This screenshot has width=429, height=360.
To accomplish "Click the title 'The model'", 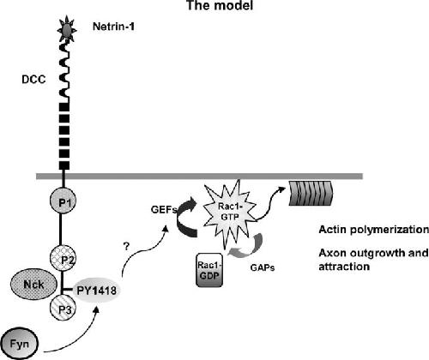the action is pos(220,5).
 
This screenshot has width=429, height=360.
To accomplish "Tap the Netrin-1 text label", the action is pos(113,27).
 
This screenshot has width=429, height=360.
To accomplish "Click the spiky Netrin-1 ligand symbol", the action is pos(67,29).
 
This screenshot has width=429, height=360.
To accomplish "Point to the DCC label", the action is pos(33,80).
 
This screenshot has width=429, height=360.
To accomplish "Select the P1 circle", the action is pos(63,202).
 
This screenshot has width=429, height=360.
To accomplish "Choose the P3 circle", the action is pos(63,309).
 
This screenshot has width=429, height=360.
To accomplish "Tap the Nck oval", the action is pos(33,285).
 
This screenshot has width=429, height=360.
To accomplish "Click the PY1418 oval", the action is pos(97,291).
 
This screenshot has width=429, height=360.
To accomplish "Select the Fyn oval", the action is pos(20,344).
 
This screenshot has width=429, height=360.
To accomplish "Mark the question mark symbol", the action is pos(126,246).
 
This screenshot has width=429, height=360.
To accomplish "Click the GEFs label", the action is pos(164,210).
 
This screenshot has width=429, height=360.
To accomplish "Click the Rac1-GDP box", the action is pos(209,270).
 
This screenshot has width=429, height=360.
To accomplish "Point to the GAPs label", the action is pos(263,267).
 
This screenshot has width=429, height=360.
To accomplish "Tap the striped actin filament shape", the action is pos(311,194).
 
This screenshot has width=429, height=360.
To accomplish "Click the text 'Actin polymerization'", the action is pos(373,230).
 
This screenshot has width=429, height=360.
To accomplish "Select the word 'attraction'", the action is pos(344,267).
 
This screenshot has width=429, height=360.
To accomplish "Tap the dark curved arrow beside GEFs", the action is pos(183,217).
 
